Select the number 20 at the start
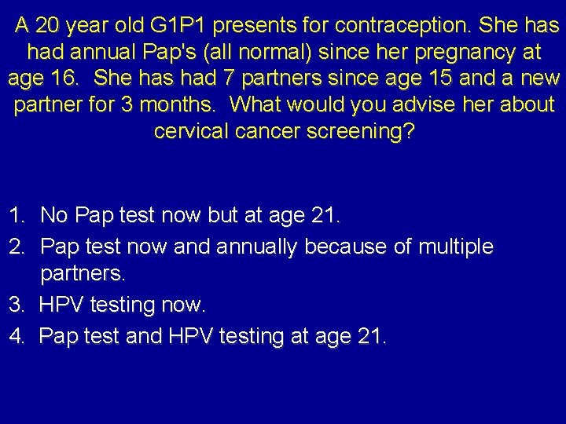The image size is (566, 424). [x=48, y=26]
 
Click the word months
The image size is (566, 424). [x=186, y=104]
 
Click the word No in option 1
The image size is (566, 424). [x=55, y=214]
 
